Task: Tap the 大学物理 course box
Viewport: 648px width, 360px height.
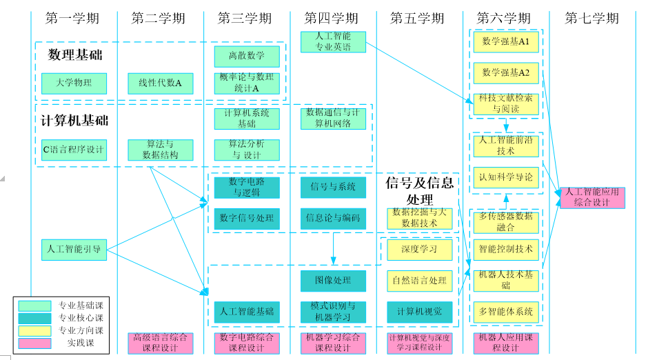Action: click(74, 83)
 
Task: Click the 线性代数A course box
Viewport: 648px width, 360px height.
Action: click(160, 83)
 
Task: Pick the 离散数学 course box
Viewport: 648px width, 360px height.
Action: click(247, 56)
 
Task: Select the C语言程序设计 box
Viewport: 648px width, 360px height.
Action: click(74, 150)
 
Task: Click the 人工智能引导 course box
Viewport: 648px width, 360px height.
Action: click(74, 250)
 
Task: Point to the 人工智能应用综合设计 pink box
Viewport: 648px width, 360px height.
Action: click(591, 197)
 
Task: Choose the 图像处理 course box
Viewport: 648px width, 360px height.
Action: click(333, 281)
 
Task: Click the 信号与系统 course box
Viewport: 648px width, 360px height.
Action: click(333, 187)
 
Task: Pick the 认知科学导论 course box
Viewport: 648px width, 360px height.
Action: click(506, 177)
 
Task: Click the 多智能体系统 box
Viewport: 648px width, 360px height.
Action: click(506, 312)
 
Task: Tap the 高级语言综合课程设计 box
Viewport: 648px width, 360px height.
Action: click(160, 343)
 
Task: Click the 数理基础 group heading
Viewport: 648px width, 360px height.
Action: click(75, 54)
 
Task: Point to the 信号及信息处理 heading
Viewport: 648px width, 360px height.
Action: click(419, 190)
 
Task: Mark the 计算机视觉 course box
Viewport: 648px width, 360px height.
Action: click(419, 312)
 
